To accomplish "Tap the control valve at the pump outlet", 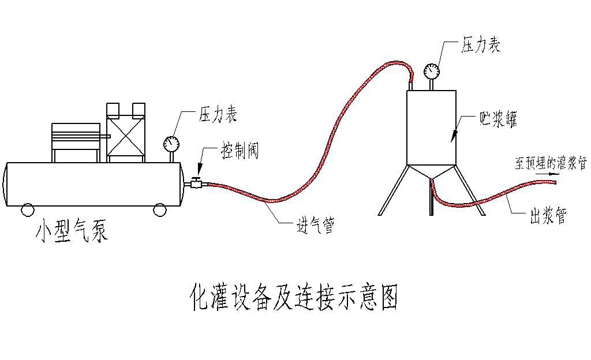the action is [x=196, y=183].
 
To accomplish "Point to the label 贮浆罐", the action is [x=498, y=119].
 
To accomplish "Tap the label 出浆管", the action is [x=548, y=216].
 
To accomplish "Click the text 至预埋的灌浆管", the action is [x=551, y=163].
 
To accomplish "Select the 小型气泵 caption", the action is [x=72, y=230].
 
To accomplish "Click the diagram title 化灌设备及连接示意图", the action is [x=294, y=297].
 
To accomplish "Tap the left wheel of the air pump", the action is [x=28, y=210].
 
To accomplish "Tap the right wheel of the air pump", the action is [x=160, y=210].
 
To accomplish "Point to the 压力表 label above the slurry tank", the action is [x=481, y=45].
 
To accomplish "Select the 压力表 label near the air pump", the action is [x=218, y=114].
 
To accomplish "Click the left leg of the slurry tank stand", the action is [x=393, y=190].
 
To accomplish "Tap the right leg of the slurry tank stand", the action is [x=470, y=190].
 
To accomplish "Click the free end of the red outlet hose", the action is [x=555, y=182].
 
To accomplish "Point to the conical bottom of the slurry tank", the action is [x=432, y=172].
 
